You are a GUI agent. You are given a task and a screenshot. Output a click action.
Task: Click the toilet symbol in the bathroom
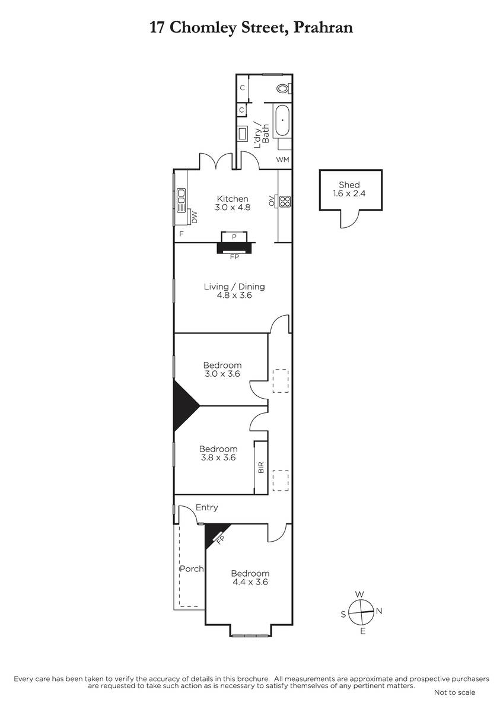pos(284,88)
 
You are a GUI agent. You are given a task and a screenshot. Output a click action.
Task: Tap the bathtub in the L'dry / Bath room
pos(282,120)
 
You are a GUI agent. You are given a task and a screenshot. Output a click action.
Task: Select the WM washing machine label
pos(282,160)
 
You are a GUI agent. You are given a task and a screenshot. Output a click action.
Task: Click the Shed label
pos(349,185)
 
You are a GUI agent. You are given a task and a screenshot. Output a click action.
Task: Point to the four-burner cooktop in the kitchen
pos(285,201)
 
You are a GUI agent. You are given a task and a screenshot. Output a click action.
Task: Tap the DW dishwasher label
pos(194,217)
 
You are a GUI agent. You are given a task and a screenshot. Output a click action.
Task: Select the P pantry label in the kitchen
pos(234,237)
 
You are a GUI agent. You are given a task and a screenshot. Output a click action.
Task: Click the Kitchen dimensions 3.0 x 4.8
pos(233,208)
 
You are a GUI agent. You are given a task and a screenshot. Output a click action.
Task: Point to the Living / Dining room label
pos(234,287)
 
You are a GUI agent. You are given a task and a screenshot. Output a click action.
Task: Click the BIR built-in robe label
pos(261,468)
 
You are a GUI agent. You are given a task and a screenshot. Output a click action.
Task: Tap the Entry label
pos(207,508)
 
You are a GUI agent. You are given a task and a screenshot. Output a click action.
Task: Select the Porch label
pos(192,568)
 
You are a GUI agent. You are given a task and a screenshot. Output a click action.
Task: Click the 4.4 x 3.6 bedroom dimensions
pos(250,582)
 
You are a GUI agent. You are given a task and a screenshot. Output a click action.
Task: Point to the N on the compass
pos(379,611)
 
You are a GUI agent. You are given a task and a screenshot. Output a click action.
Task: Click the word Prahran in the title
pos(323,27)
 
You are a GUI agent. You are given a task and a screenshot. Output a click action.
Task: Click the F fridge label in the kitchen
pos(182,234)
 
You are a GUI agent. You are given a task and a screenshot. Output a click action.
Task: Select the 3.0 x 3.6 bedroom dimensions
pos(222,374)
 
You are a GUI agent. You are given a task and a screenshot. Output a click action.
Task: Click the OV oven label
pos(272,201)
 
